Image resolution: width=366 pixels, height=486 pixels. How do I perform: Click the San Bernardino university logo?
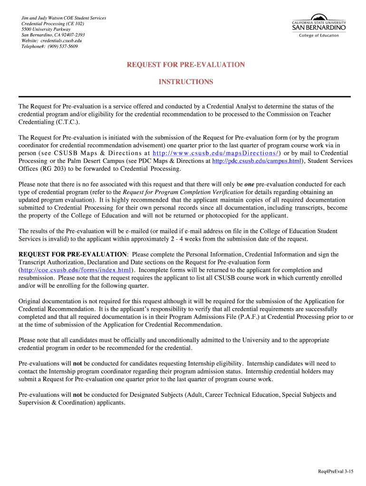(x=318, y=26)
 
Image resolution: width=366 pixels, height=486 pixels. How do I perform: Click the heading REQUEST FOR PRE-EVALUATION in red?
(x=186, y=65)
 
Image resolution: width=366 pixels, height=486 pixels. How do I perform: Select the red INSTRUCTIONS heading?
(x=186, y=82)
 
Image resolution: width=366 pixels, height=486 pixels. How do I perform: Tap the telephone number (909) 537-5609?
(x=61, y=47)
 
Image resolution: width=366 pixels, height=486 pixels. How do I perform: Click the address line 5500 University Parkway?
(x=46, y=29)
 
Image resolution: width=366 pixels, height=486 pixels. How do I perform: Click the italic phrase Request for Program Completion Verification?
(x=183, y=192)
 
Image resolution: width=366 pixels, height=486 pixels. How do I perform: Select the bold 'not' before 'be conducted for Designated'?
(x=77, y=395)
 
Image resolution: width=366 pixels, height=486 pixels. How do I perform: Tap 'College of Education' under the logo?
(x=318, y=36)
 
